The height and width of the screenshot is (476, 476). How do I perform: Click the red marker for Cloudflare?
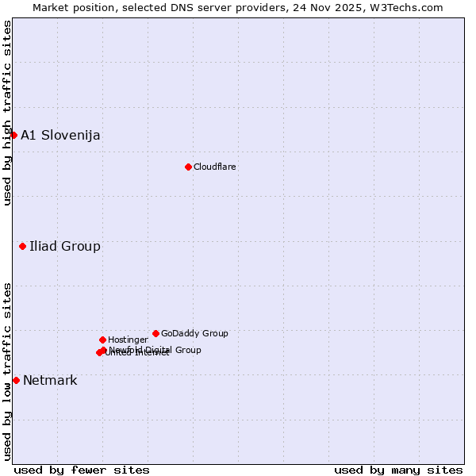pyautogui.click(x=188, y=167)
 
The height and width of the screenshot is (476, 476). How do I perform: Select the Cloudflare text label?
pyautogui.click(x=214, y=167)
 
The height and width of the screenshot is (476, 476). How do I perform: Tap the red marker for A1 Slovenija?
pyautogui.click(x=13, y=135)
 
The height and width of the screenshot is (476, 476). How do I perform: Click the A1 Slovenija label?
pyautogui.click(x=60, y=135)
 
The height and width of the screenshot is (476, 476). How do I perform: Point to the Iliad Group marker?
pyautogui.click(x=22, y=246)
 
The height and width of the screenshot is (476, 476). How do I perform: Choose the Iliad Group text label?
pyautogui.click(x=65, y=246)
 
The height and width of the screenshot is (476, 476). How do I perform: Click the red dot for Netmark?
pyautogui.click(x=16, y=380)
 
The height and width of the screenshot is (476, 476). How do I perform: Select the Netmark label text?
pyautogui.click(x=50, y=380)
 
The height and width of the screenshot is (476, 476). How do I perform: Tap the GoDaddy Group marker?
pyautogui.click(x=155, y=333)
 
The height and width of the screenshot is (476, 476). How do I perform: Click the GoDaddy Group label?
pyautogui.click(x=194, y=333)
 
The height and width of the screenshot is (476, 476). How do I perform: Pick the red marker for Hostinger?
pyautogui.click(x=102, y=340)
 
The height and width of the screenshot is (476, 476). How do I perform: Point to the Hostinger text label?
pyautogui.click(x=128, y=340)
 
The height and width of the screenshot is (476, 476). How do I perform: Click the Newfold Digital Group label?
pyautogui.click(x=155, y=349)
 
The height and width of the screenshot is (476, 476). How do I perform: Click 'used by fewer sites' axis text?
pyautogui.click(x=82, y=470)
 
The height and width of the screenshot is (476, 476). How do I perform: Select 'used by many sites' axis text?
pyautogui.click(x=398, y=470)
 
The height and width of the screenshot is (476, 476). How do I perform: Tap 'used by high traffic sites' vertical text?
pyautogui.click(x=7, y=113)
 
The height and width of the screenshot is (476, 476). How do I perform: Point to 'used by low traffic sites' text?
pyautogui.click(x=7, y=371)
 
